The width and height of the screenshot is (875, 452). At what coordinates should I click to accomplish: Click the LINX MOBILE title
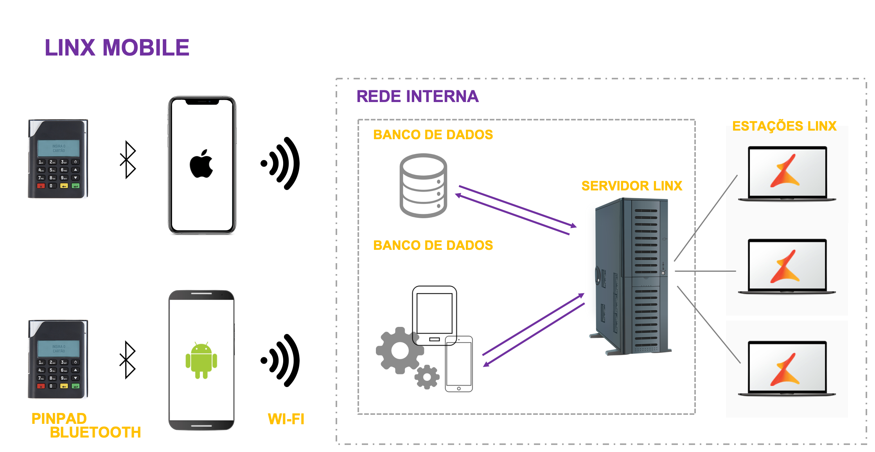(117, 48)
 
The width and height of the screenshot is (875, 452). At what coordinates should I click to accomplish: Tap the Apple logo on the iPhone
(201, 164)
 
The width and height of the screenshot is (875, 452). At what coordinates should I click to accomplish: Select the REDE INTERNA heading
(417, 96)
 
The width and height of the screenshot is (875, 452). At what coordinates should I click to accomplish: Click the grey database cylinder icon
(423, 186)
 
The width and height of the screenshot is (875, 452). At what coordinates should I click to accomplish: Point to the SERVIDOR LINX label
(632, 186)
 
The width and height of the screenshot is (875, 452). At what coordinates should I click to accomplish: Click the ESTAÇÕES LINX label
(784, 126)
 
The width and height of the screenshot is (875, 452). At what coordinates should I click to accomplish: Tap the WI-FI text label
(286, 419)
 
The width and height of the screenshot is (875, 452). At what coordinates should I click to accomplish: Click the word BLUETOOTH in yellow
(95, 432)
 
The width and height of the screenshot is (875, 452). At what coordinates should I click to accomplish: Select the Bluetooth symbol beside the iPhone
(128, 160)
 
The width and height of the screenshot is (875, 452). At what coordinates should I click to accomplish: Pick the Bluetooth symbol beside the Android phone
(128, 360)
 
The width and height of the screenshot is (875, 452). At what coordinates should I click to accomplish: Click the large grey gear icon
(399, 350)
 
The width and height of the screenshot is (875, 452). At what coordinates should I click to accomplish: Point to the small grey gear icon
(427, 377)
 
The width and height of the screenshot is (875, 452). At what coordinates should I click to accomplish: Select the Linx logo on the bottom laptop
(785, 369)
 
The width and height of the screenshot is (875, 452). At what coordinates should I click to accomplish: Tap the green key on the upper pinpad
(76, 186)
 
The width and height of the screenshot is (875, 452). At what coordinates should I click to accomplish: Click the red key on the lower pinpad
(41, 386)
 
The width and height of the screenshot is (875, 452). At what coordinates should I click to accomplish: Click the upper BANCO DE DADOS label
(433, 135)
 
